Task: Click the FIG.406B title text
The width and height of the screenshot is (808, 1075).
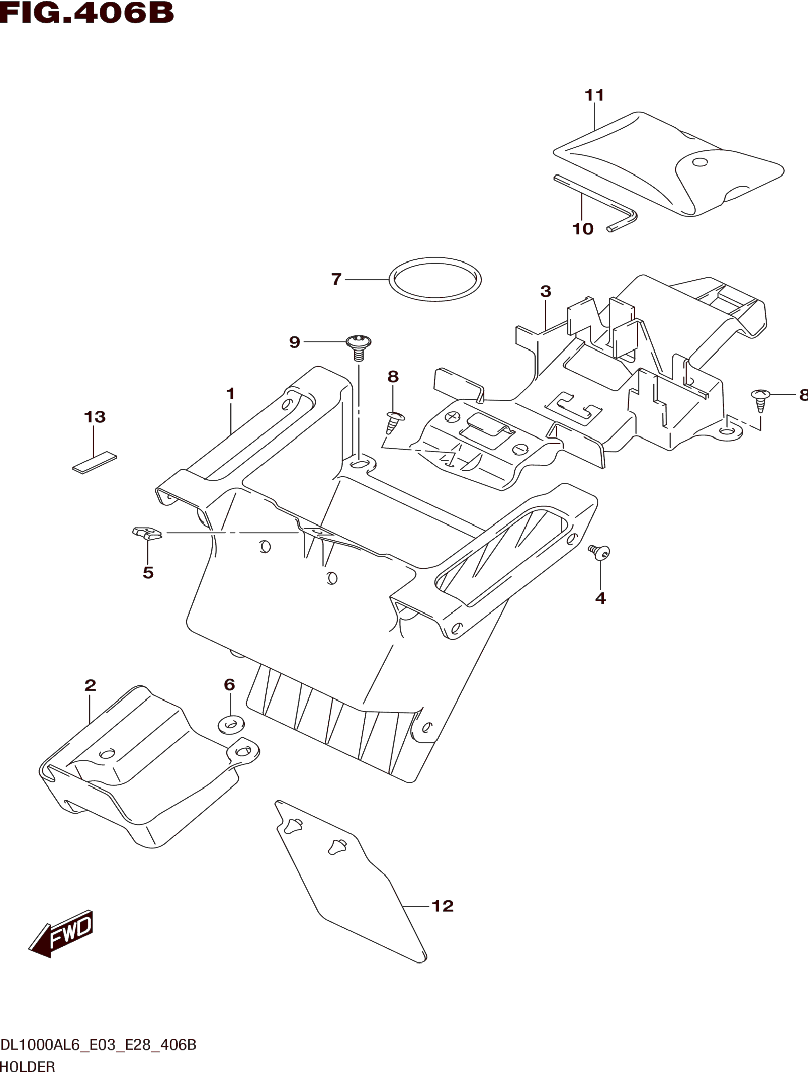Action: pos(86,13)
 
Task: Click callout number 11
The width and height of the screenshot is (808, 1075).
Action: pos(594,95)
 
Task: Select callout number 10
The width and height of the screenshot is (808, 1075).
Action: pos(583,229)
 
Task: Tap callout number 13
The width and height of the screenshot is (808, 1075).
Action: pos(95,416)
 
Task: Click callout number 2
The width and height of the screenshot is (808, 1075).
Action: pos(90,685)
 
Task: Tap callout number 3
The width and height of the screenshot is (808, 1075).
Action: pos(545,292)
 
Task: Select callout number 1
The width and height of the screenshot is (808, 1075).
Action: pos(231,394)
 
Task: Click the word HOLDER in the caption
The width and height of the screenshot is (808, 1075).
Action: pos(28,1067)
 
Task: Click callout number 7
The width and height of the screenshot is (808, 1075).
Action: pos(336,279)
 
